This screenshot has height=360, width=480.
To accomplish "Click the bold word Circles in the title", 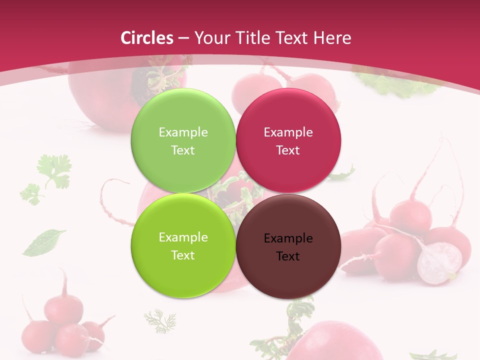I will pos(146,38).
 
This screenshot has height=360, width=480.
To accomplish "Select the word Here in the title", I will pos(332,38).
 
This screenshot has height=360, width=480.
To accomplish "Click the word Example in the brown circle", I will pos(288,238).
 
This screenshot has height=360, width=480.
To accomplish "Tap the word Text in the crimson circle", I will pos(288,150).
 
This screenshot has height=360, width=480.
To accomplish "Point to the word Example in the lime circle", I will pos(183,237).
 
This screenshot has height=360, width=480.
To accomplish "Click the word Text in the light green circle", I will pos(183,150).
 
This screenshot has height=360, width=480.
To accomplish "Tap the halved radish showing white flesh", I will pos(439,262).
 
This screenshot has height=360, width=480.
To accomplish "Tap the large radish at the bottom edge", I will pos(335,342).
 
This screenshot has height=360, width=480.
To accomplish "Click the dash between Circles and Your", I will pos(183,38).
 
